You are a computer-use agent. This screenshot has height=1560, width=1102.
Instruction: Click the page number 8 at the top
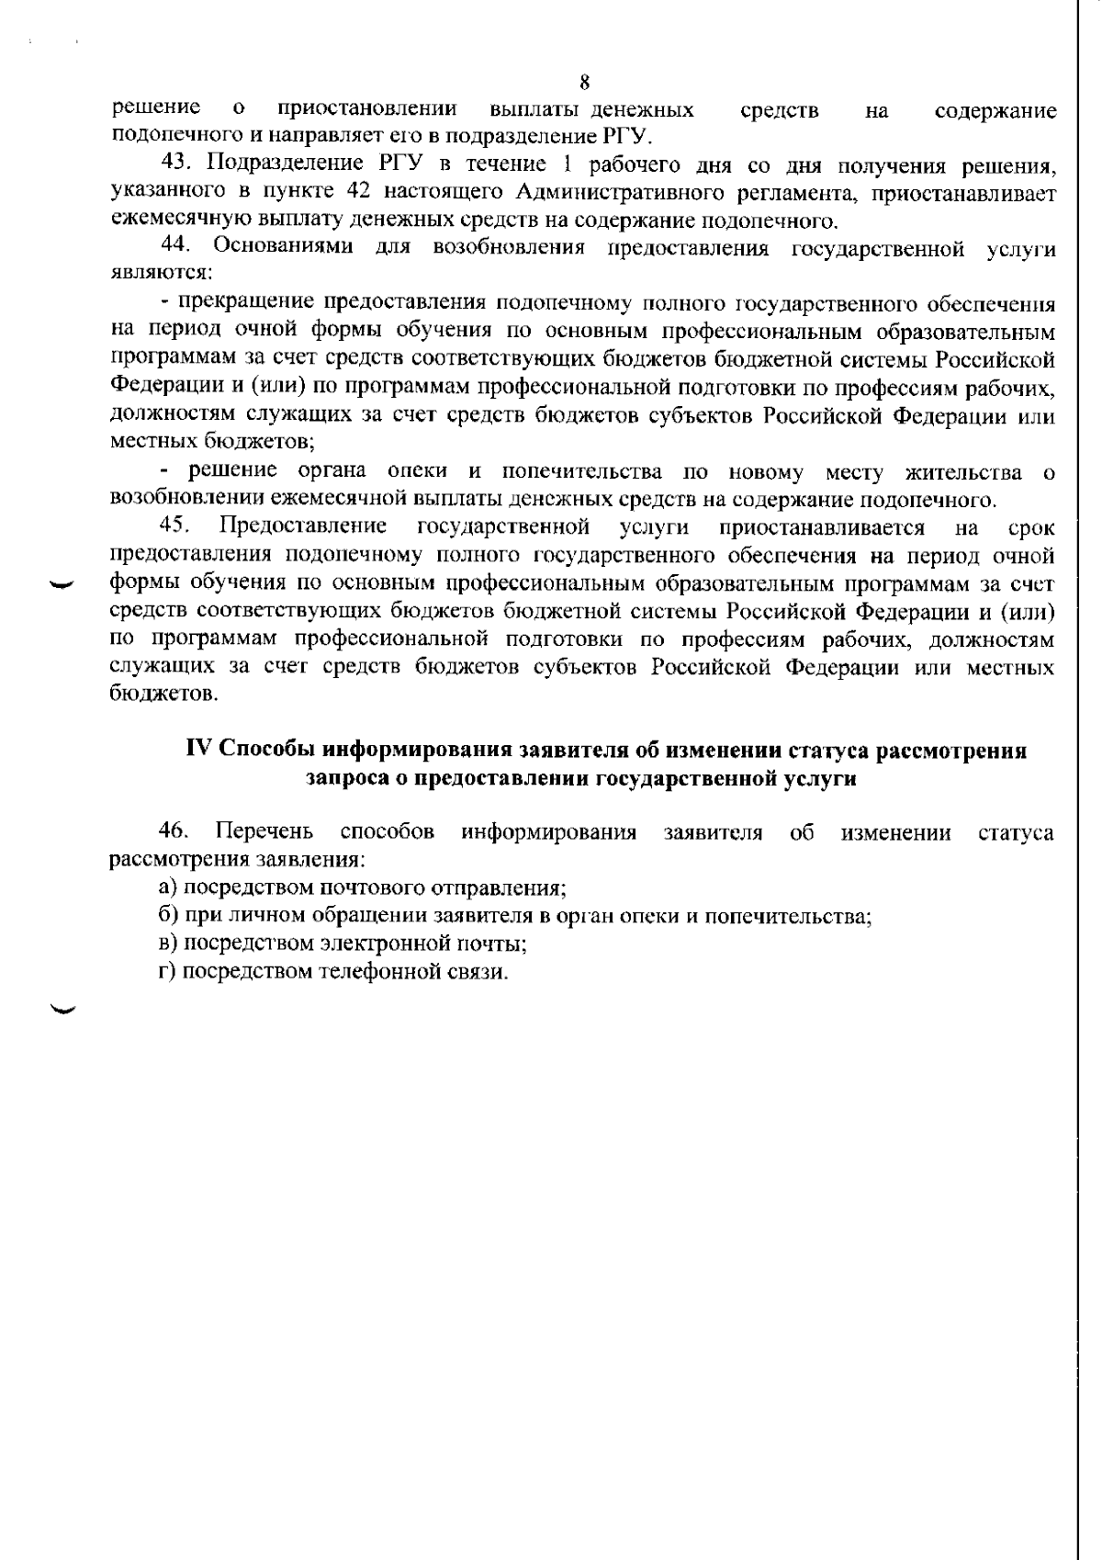click(584, 81)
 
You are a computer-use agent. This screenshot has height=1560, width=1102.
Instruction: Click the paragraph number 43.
click(175, 164)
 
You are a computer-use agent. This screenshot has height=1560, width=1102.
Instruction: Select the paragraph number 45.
click(175, 526)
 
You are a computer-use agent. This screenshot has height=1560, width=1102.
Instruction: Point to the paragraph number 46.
click(174, 832)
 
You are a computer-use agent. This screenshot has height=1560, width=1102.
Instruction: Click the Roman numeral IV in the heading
click(199, 750)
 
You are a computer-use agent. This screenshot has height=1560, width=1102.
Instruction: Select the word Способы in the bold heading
click(261, 751)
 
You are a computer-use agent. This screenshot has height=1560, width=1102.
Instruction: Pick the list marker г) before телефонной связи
click(166, 972)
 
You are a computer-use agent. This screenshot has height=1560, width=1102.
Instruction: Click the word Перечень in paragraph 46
click(264, 832)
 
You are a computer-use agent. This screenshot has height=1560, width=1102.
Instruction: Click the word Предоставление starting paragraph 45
click(304, 526)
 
